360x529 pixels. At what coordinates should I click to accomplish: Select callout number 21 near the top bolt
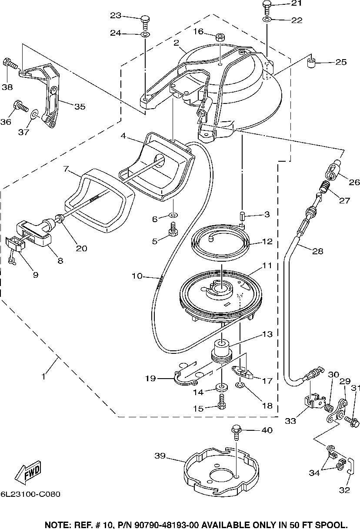click(x=296, y=3)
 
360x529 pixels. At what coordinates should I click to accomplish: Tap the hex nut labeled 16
click(x=220, y=37)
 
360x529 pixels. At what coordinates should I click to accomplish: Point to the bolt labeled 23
click(x=145, y=23)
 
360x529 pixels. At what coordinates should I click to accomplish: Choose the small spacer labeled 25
click(x=311, y=63)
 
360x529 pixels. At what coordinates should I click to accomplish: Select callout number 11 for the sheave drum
click(x=267, y=266)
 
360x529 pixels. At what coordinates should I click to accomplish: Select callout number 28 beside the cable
click(x=317, y=251)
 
